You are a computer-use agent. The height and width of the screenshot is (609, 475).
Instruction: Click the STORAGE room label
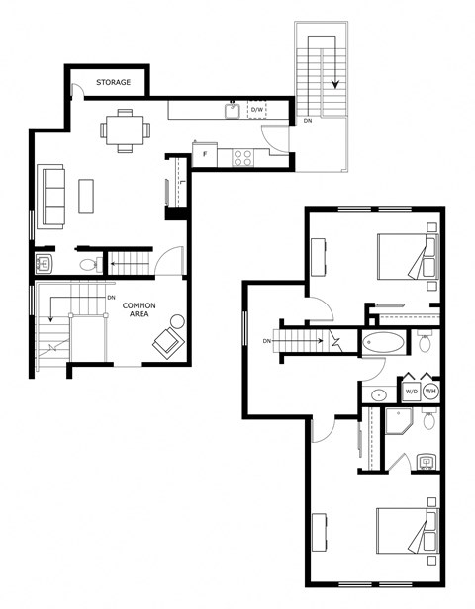coord(113,82)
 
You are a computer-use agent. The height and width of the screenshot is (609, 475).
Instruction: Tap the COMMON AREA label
coord(139,309)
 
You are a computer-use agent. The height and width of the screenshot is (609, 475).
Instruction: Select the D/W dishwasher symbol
coord(257,110)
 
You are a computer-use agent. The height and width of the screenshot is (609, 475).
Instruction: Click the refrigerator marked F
coord(205,155)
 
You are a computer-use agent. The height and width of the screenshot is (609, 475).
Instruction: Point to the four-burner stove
coord(242,158)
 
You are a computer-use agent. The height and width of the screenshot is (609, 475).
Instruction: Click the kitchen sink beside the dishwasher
coord(233,111)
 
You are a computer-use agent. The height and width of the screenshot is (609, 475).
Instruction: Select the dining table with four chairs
coord(125,130)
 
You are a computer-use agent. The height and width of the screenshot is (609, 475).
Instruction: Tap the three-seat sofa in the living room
coord(50,197)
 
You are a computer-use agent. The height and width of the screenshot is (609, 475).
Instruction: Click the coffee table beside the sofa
coord(86,196)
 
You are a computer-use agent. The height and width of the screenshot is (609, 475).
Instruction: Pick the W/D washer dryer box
coord(411,391)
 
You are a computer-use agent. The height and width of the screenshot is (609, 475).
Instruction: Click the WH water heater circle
coord(430,391)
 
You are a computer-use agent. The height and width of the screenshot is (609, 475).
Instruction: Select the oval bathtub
coord(383,342)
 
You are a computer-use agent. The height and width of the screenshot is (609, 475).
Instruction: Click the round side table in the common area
coord(177,321)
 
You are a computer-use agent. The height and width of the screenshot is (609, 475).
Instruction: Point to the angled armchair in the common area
coord(168,343)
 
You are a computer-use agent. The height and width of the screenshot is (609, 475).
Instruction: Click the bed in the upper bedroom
coord(408,256)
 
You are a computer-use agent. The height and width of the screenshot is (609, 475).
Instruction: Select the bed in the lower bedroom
coord(408,531)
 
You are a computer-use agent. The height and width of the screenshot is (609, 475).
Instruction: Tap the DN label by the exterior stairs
coord(308,121)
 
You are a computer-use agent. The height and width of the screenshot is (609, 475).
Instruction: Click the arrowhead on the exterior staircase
coord(335,84)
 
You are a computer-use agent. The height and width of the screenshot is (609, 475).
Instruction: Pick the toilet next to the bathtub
coord(425,341)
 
